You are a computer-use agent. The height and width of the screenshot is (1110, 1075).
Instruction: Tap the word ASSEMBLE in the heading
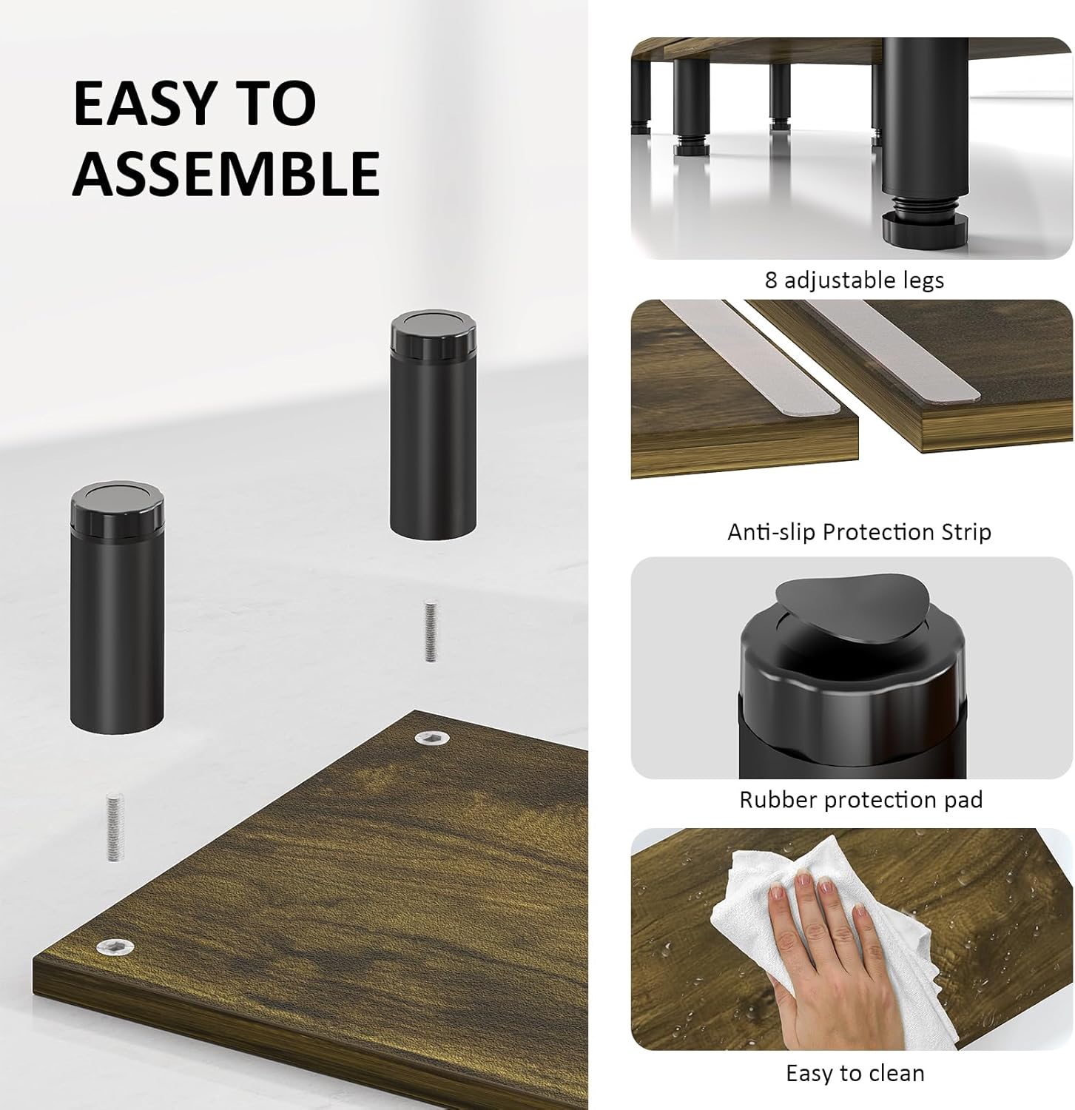pos(226,172)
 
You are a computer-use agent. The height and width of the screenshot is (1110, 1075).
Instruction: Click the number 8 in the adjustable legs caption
pos(771,280)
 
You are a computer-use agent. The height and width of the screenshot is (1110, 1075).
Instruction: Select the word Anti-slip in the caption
pos(772,532)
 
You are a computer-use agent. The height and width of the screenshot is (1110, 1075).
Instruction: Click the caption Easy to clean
pos(855,1073)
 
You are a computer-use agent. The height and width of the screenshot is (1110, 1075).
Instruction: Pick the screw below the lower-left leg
pos(114,827)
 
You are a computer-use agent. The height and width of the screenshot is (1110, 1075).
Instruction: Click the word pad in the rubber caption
pos(961,800)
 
